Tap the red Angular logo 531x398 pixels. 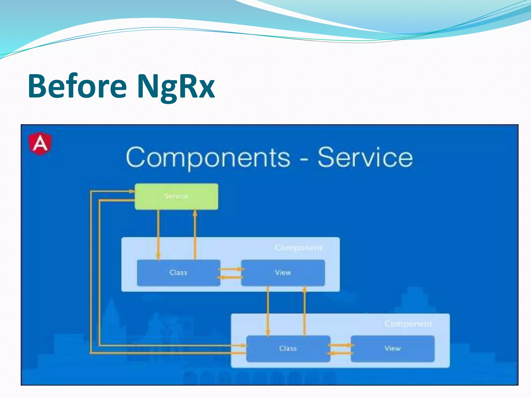(x=40, y=144)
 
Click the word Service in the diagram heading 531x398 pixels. (x=365, y=158)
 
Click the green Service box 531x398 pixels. (x=176, y=196)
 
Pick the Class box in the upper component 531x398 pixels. (x=178, y=273)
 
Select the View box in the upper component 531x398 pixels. (x=283, y=273)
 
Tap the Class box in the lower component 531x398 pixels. (x=288, y=349)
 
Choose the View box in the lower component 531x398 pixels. (x=393, y=349)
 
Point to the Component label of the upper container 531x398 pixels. (x=298, y=248)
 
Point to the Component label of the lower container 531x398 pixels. (x=408, y=324)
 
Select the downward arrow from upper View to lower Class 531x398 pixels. (x=268, y=311)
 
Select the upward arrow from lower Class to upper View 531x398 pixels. (x=305, y=311)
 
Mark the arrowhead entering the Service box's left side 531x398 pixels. (x=132, y=191)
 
